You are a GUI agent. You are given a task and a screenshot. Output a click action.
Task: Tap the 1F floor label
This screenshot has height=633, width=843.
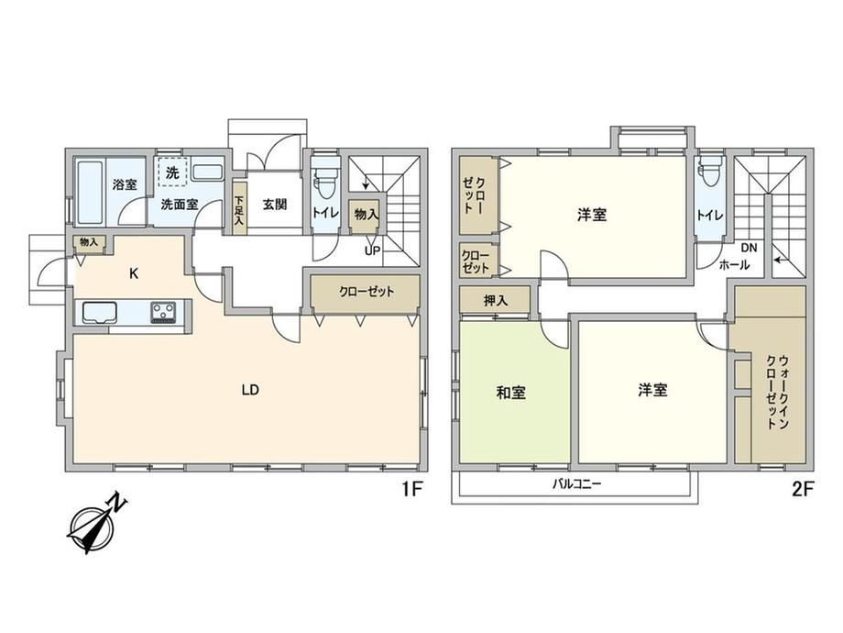(411, 489)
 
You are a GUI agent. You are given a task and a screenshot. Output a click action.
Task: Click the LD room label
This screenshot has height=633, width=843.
(250, 390)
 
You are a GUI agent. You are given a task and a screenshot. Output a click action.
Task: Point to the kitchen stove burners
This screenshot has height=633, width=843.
(163, 312)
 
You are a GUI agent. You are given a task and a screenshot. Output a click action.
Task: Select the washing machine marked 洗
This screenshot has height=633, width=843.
(172, 172)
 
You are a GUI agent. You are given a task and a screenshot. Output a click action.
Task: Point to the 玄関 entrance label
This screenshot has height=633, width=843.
(275, 204)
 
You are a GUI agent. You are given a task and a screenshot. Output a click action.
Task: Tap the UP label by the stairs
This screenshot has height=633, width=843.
(372, 250)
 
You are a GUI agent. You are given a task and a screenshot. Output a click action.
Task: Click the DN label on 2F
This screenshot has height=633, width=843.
(749, 248)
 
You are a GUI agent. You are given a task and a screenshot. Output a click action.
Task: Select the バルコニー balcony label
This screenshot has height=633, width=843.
(577, 483)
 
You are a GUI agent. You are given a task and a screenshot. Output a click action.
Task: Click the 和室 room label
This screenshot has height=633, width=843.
(510, 393)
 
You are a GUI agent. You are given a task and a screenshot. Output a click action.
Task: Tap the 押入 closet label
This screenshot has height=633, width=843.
(495, 300)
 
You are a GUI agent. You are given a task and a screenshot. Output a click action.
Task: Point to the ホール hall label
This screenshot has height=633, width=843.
(734, 265)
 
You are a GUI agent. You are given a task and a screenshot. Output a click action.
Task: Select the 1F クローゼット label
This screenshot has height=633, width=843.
(367, 292)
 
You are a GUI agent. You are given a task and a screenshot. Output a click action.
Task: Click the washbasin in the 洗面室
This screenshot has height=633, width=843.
(207, 172)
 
